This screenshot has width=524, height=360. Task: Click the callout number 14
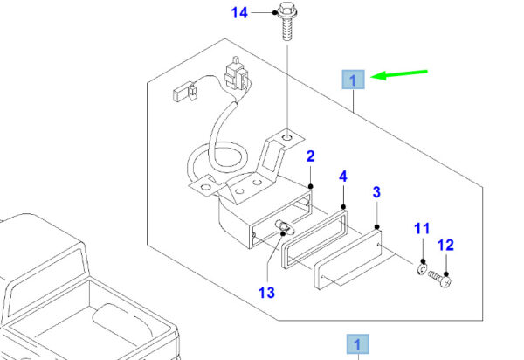click(x=239, y=13)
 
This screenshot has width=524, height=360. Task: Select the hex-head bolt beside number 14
click(x=287, y=21)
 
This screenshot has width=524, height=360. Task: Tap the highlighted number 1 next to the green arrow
click(x=353, y=80)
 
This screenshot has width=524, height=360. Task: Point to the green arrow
click(x=399, y=74)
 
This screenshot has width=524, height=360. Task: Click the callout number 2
click(x=310, y=156)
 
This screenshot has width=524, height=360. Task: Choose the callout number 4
click(x=343, y=177)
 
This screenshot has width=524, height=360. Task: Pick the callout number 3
click(x=376, y=192)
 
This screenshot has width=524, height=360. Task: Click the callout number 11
click(x=422, y=229)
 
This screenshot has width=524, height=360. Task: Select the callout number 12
click(x=445, y=246)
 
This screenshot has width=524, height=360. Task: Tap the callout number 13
click(x=266, y=293)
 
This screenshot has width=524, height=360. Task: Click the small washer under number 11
click(x=423, y=268)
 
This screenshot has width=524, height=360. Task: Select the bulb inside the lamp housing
click(x=283, y=226)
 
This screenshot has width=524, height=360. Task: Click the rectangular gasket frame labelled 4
click(x=314, y=239)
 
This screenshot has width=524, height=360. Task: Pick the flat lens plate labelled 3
click(x=348, y=260)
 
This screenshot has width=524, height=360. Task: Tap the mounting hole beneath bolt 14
click(x=287, y=137)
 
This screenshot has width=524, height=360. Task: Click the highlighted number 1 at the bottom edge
click(x=357, y=344)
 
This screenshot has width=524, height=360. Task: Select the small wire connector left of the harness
click(x=184, y=92)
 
